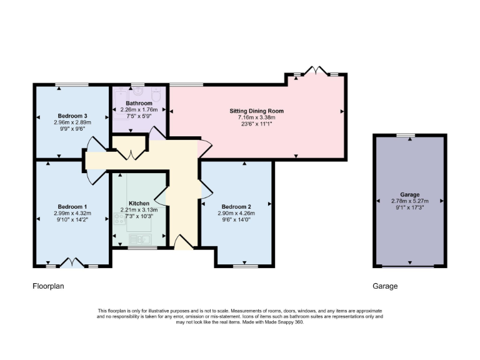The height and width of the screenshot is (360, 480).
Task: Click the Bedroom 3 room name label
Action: point(72,116)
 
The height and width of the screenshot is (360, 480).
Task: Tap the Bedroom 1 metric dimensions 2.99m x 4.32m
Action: point(72,213)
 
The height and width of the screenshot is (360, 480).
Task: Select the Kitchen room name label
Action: point(139,204)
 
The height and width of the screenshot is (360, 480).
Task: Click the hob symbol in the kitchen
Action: point(120,219)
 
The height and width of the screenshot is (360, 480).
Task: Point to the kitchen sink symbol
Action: point(139,239)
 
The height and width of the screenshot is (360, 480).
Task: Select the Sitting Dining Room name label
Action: point(256,111)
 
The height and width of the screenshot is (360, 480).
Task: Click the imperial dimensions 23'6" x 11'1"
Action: point(256,124)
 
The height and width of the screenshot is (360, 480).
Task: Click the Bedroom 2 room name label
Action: point(236,207)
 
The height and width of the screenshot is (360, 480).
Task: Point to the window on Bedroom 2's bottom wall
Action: point(244,266)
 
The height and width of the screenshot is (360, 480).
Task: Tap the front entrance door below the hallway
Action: point(183,242)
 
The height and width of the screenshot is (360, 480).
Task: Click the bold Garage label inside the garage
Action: point(410,194)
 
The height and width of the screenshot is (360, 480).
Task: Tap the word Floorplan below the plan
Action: point(49,286)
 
